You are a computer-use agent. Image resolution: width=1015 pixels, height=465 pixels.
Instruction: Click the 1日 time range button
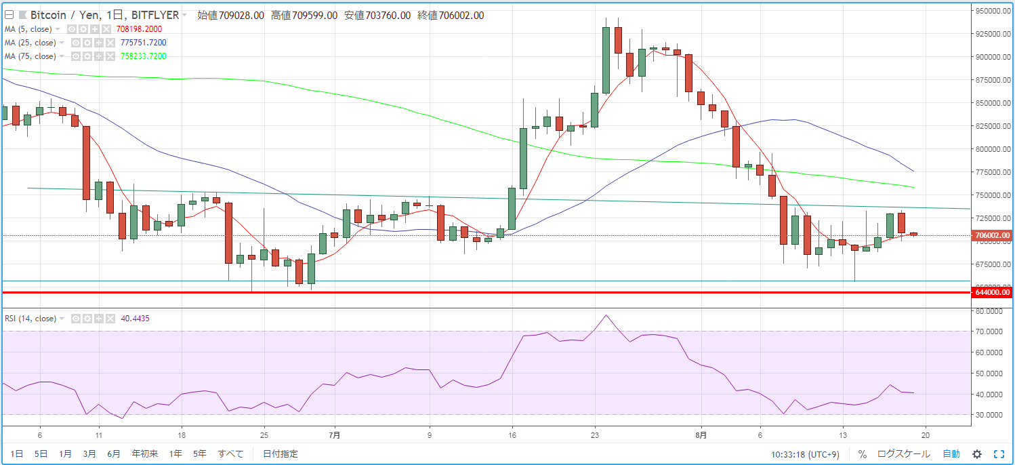(x=17, y=453)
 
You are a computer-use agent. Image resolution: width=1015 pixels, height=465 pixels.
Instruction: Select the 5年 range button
(x=199, y=453)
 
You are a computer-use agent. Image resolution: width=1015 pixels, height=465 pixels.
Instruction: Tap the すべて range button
(x=230, y=453)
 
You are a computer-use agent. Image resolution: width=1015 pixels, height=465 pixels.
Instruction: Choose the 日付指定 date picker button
(x=280, y=453)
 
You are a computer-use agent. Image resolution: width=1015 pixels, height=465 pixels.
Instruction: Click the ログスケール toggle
(x=903, y=453)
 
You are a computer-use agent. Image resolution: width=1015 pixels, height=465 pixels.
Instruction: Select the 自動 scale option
(x=951, y=453)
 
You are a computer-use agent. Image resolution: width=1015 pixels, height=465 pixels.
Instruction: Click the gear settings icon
(x=977, y=454)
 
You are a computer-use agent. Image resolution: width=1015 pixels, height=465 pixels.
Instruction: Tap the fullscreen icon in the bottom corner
(x=999, y=454)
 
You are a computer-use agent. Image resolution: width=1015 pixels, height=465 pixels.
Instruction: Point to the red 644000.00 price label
(x=992, y=293)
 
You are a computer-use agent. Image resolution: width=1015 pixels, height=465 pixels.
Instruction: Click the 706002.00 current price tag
(x=992, y=236)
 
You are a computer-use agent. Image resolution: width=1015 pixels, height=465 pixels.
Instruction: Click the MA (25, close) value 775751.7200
(x=143, y=43)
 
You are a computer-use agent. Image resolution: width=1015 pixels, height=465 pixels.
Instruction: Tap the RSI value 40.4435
(x=135, y=319)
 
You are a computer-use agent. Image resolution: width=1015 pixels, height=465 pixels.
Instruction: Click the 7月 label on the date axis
(x=333, y=434)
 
